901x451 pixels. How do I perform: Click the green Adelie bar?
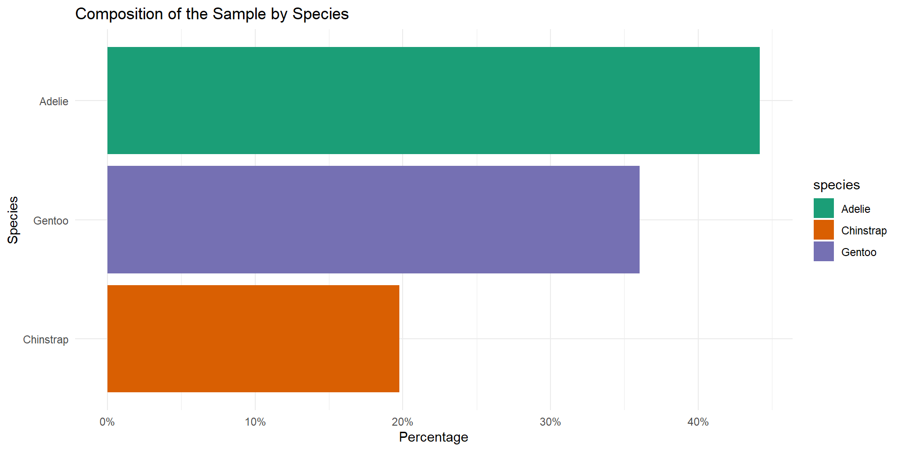(433, 101)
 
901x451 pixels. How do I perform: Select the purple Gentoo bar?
(373, 219)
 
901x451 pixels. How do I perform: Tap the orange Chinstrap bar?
(253, 338)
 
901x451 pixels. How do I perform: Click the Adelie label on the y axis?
(54, 101)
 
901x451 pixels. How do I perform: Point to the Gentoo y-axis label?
(51, 221)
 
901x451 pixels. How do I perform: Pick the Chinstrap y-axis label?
(46, 340)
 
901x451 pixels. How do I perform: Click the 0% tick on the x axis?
(107, 422)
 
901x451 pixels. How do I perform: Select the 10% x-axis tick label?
(255, 422)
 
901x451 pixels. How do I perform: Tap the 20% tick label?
(402, 422)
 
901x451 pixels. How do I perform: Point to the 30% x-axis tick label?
(550, 422)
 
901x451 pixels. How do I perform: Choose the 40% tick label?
(698, 422)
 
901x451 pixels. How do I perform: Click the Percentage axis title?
(433, 437)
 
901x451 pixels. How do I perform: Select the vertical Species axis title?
(13, 220)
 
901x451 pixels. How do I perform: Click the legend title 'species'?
(836, 185)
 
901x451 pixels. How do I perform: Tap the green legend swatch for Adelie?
(824, 208)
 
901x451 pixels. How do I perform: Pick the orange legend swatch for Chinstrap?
(824, 230)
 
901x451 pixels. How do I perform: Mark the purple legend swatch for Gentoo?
(824, 251)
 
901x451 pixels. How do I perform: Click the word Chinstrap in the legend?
(864, 231)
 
